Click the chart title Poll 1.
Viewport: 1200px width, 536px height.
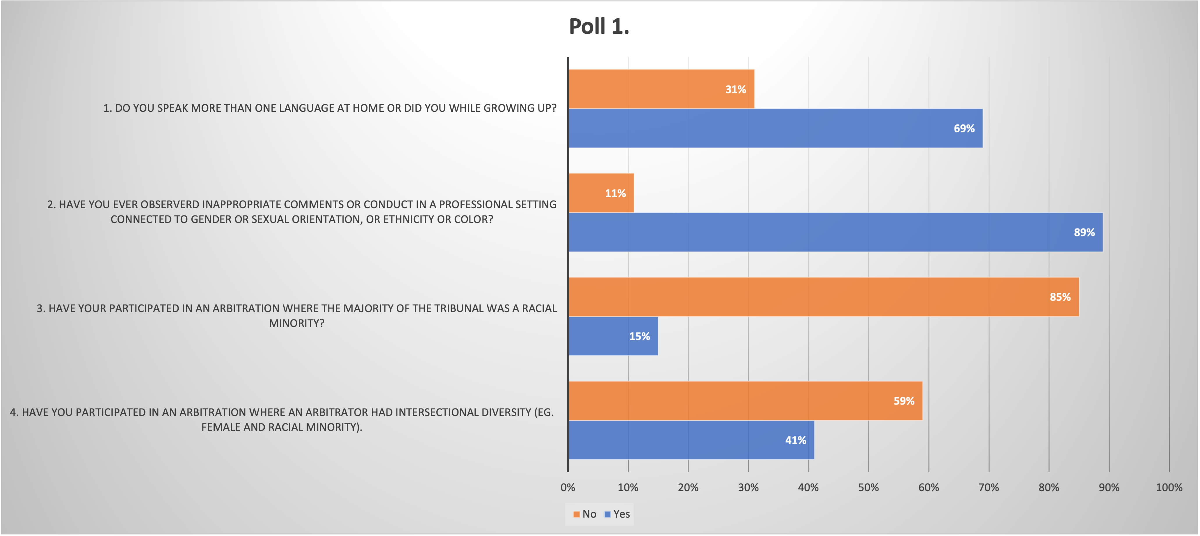click(x=599, y=26)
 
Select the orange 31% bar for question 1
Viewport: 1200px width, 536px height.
click(x=662, y=89)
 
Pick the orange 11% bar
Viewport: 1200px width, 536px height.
click(x=601, y=193)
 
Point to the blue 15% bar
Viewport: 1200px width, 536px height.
click(x=613, y=336)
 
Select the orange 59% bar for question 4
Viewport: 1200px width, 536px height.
click(x=745, y=401)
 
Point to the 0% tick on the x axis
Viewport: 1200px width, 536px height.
click(x=568, y=487)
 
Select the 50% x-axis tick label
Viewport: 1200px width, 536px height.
click(x=868, y=487)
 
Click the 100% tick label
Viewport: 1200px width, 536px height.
click(x=1169, y=487)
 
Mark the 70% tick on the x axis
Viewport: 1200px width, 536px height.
click(x=989, y=487)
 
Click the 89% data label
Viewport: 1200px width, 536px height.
click(x=1084, y=232)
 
